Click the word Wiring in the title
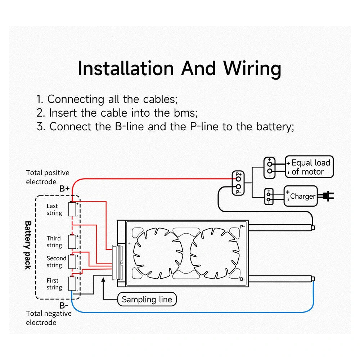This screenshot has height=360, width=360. tap(252, 68)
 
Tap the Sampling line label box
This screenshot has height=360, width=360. tap(147, 299)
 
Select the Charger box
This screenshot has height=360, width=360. tap(301, 196)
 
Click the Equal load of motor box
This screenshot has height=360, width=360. tap(310, 167)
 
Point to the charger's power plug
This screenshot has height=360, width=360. tap(328, 196)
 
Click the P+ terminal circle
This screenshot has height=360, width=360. tap(238, 179)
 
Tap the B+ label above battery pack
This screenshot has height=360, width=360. tap(65, 188)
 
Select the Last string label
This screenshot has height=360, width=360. tap(54, 210)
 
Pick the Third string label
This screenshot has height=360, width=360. tap(54, 242)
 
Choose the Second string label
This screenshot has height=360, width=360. tap(56, 262)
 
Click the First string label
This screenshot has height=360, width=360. tap(54, 284)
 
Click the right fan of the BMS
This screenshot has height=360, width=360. tap(215, 253)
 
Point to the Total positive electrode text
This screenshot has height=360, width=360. tap(47, 177)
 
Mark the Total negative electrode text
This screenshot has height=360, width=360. tap(48, 318)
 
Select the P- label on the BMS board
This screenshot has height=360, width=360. tap(243, 227)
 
